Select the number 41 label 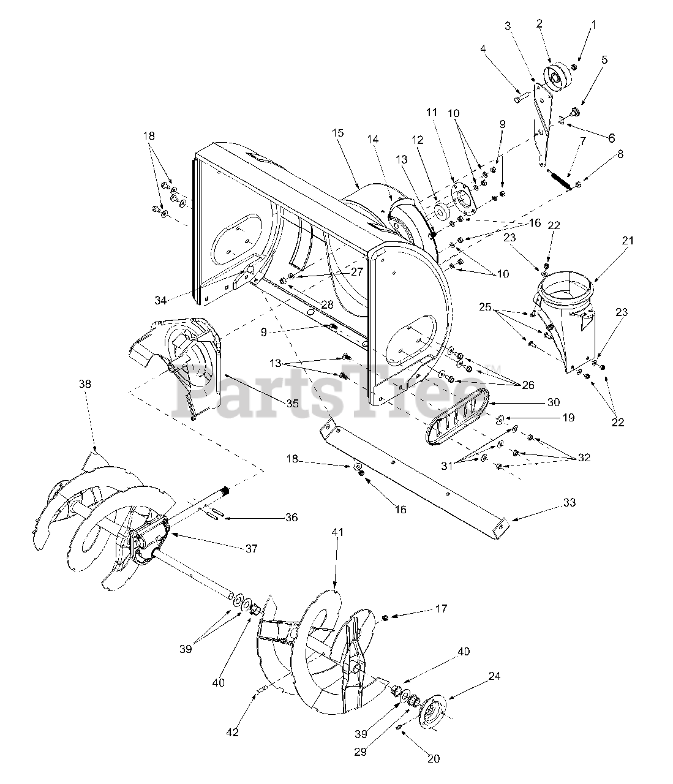[x=338, y=532]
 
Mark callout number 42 [x=233, y=731]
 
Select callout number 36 [x=291, y=518]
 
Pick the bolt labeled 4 [x=522, y=97]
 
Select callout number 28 [x=326, y=304]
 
